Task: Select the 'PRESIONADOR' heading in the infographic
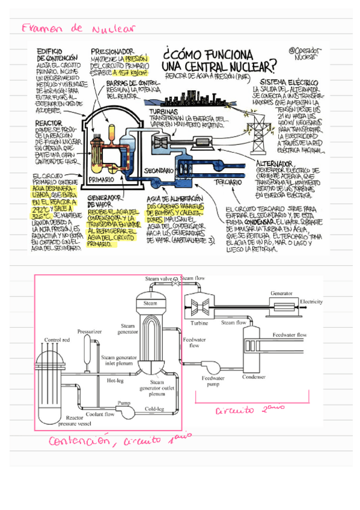(x=112, y=52)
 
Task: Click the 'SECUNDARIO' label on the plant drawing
(x=159, y=171)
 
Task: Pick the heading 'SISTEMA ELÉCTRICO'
(x=289, y=81)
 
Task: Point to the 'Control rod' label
(x=58, y=340)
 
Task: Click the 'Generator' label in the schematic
(x=281, y=293)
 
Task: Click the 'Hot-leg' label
(x=115, y=380)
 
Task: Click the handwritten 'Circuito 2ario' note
(x=246, y=411)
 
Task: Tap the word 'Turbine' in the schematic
(x=200, y=323)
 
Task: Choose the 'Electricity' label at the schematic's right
(x=312, y=301)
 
